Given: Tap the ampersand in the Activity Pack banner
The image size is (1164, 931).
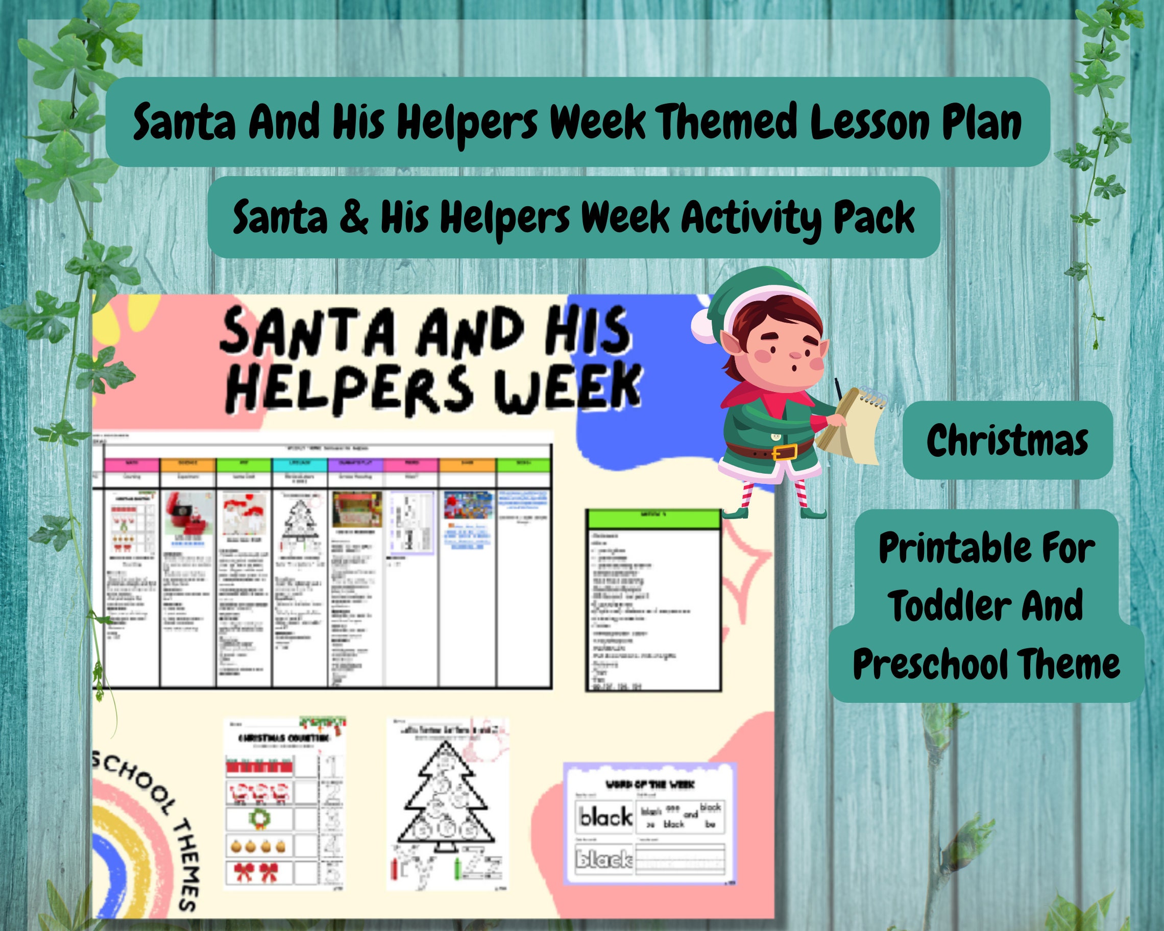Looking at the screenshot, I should (x=354, y=217).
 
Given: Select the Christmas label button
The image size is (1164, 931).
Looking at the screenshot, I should (x=1007, y=440).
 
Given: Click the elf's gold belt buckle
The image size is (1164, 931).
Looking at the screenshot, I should (x=785, y=451).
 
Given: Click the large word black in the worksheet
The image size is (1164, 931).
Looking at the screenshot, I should (x=605, y=817).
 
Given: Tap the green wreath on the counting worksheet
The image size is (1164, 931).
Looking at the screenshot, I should (x=259, y=819).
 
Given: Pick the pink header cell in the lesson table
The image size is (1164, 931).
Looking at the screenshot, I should (x=132, y=463).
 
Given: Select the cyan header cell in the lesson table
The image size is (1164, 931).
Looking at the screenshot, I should (x=300, y=463).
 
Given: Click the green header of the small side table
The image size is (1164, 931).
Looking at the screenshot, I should (x=653, y=519).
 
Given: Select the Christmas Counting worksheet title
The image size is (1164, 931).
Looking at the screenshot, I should (x=284, y=738).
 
